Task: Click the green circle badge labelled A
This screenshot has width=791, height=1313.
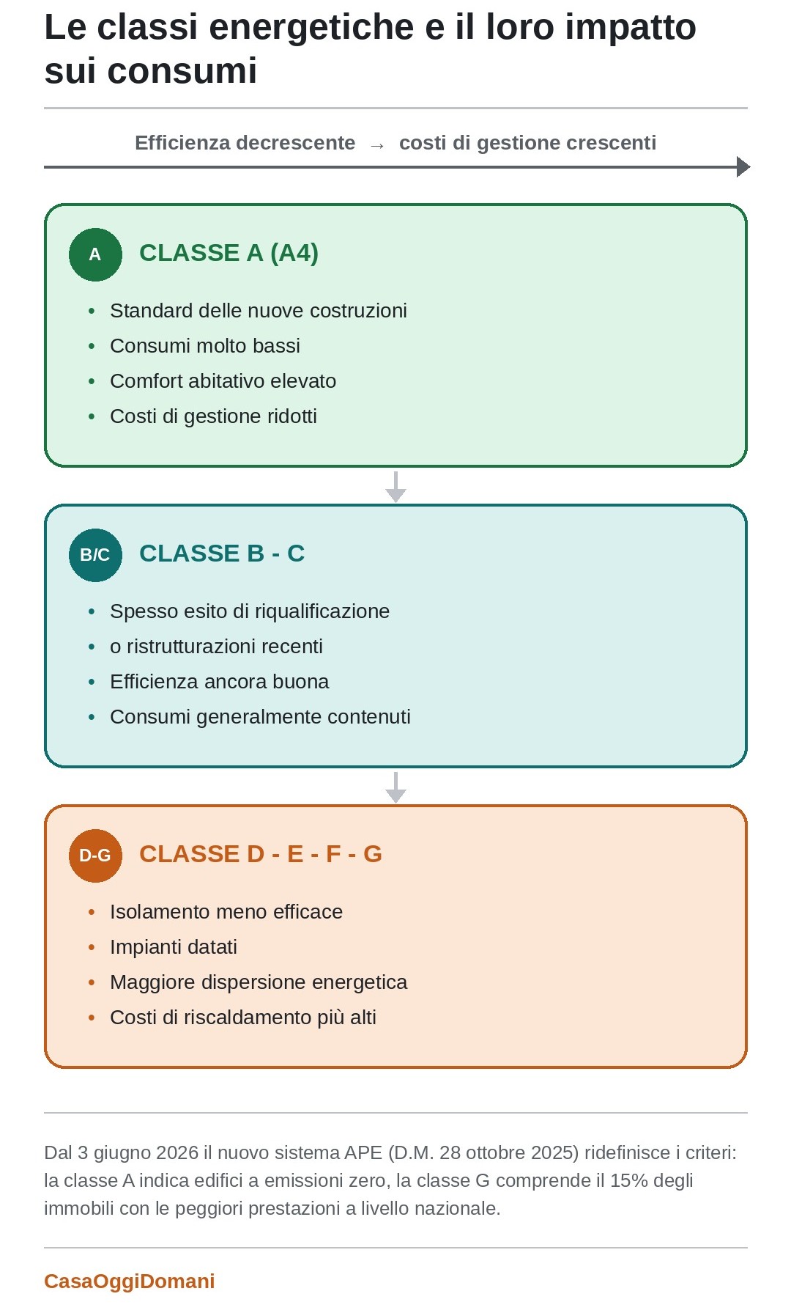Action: tap(95, 254)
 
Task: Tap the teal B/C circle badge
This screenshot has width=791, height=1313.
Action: tap(95, 555)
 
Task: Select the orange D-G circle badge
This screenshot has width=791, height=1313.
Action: tap(95, 856)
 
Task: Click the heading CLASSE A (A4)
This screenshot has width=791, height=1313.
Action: tap(229, 253)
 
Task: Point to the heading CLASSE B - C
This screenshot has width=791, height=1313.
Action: tap(222, 553)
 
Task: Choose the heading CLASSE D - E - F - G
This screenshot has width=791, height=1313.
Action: tap(261, 854)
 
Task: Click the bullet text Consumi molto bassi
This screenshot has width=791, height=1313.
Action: tap(205, 346)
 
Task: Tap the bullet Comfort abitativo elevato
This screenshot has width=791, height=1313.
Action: tap(223, 381)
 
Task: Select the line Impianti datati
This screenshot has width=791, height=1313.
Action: tap(174, 947)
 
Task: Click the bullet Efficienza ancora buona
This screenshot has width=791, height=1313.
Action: tap(220, 682)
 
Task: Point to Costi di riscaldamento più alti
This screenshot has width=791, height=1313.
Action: tap(243, 1018)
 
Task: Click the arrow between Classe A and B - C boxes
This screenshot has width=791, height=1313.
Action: tap(395, 487)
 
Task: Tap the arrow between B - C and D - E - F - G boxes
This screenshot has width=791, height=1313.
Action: tap(395, 787)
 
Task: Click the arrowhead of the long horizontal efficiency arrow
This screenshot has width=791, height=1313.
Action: tap(744, 167)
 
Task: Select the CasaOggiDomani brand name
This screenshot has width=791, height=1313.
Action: tap(130, 1281)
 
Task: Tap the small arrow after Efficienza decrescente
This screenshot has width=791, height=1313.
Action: tap(377, 145)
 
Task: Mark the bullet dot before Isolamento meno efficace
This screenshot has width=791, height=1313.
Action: tap(92, 913)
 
